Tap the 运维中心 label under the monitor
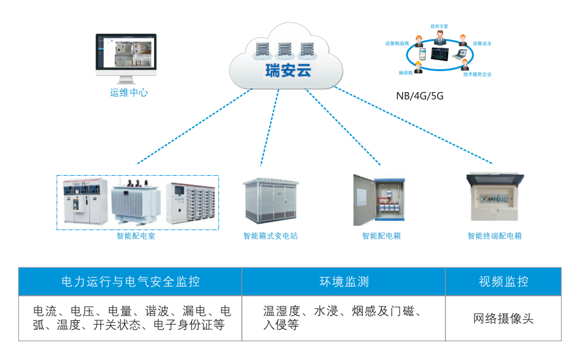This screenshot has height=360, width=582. click(x=129, y=93)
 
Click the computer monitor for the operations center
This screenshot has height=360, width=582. click(x=126, y=55)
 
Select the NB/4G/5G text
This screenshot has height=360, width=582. click(x=419, y=96)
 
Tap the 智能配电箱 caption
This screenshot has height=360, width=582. click(x=381, y=236)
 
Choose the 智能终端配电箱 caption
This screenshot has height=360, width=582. click(x=495, y=236)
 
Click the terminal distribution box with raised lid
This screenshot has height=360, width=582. click(x=495, y=199)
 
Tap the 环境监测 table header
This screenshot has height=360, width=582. click(x=344, y=281)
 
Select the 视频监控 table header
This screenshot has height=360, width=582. click(x=503, y=281)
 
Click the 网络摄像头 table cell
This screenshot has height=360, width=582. click(x=503, y=318)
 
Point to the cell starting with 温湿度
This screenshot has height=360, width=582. click(x=342, y=318)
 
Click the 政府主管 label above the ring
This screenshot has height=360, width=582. click(x=439, y=26)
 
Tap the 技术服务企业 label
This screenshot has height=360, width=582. click(x=477, y=75)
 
